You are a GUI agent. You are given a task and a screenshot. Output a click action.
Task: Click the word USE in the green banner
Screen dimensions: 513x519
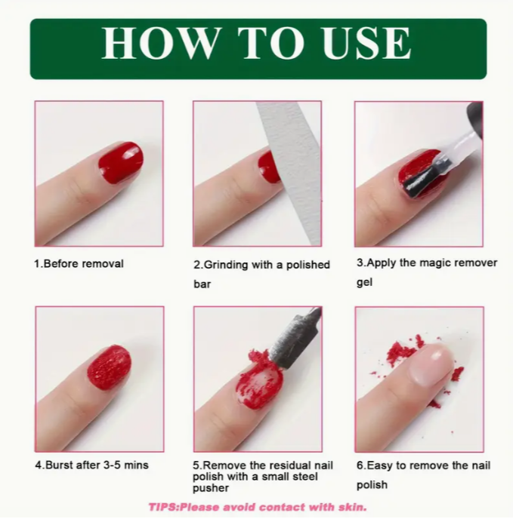pyautogui.click(x=366, y=43)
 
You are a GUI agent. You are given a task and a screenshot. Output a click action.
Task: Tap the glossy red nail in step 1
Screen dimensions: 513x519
pyautogui.click(x=121, y=162)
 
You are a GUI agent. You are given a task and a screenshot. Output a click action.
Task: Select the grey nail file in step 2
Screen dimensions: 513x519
pyautogui.click(x=291, y=172)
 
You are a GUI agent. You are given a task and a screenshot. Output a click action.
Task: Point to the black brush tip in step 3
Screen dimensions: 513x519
pyautogui.click(x=427, y=178)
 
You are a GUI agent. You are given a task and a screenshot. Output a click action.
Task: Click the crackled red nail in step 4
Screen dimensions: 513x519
pyautogui.click(x=109, y=367)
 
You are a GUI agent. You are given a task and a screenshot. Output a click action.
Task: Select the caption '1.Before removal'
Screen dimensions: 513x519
pyautogui.click(x=79, y=264)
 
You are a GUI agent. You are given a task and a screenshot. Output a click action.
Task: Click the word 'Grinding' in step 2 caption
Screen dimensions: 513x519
pyautogui.click(x=226, y=265)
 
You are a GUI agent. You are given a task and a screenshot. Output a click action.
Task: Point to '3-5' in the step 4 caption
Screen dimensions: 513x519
pyautogui.click(x=112, y=465)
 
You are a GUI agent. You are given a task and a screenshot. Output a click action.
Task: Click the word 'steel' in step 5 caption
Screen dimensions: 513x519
pyautogui.click(x=307, y=477)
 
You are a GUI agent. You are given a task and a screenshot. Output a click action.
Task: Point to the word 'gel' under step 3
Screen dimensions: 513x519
pyautogui.click(x=364, y=282)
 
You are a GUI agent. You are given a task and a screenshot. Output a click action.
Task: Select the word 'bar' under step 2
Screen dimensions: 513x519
pyautogui.click(x=202, y=284)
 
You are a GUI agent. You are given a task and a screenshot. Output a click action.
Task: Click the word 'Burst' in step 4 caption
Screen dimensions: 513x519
pyautogui.click(x=59, y=465)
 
